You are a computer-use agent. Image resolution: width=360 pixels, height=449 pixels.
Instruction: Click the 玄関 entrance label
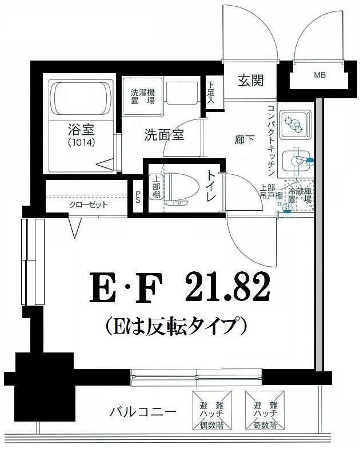click(251, 81)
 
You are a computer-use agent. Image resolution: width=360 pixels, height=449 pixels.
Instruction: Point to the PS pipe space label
click(138, 197)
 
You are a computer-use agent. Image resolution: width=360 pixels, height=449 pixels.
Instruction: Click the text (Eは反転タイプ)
click(176, 326)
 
